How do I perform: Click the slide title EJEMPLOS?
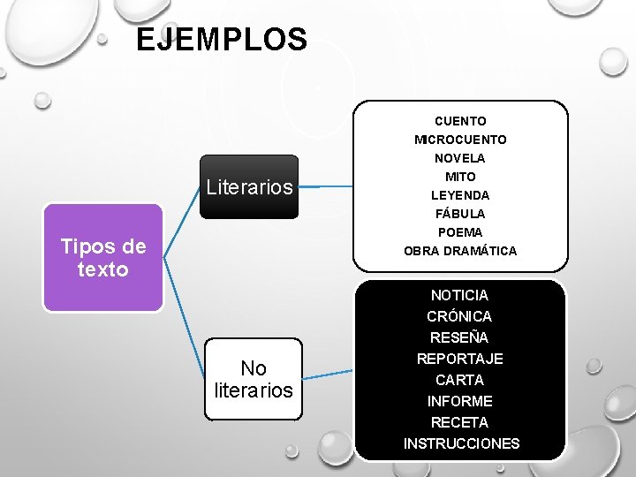(x=222, y=40)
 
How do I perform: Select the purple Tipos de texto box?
(x=103, y=258)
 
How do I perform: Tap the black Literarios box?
(x=249, y=186)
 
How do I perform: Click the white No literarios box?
(x=253, y=379)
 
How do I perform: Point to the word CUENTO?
(x=460, y=121)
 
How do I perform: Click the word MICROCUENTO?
(x=460, y=140)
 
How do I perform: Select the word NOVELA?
(x=460, y=158)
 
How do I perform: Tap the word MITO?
(x=460, y=177)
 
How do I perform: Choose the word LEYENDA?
(x=460, y=195)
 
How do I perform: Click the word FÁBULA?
(x=460, y=214)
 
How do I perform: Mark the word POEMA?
(x=460, y=232)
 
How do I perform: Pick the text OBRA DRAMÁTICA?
(x=460, y=251)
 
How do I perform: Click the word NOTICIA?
(x=459, y=295)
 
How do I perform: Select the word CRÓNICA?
(x=459, y=316)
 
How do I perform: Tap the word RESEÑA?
(x=459, y=337)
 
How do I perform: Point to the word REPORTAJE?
(x=459, y=359)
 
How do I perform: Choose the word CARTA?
(x=459, y=380)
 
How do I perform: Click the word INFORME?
(x=459, y=401)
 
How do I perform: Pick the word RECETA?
(x=459, y=422)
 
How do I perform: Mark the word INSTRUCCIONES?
(x=461, y=443)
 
